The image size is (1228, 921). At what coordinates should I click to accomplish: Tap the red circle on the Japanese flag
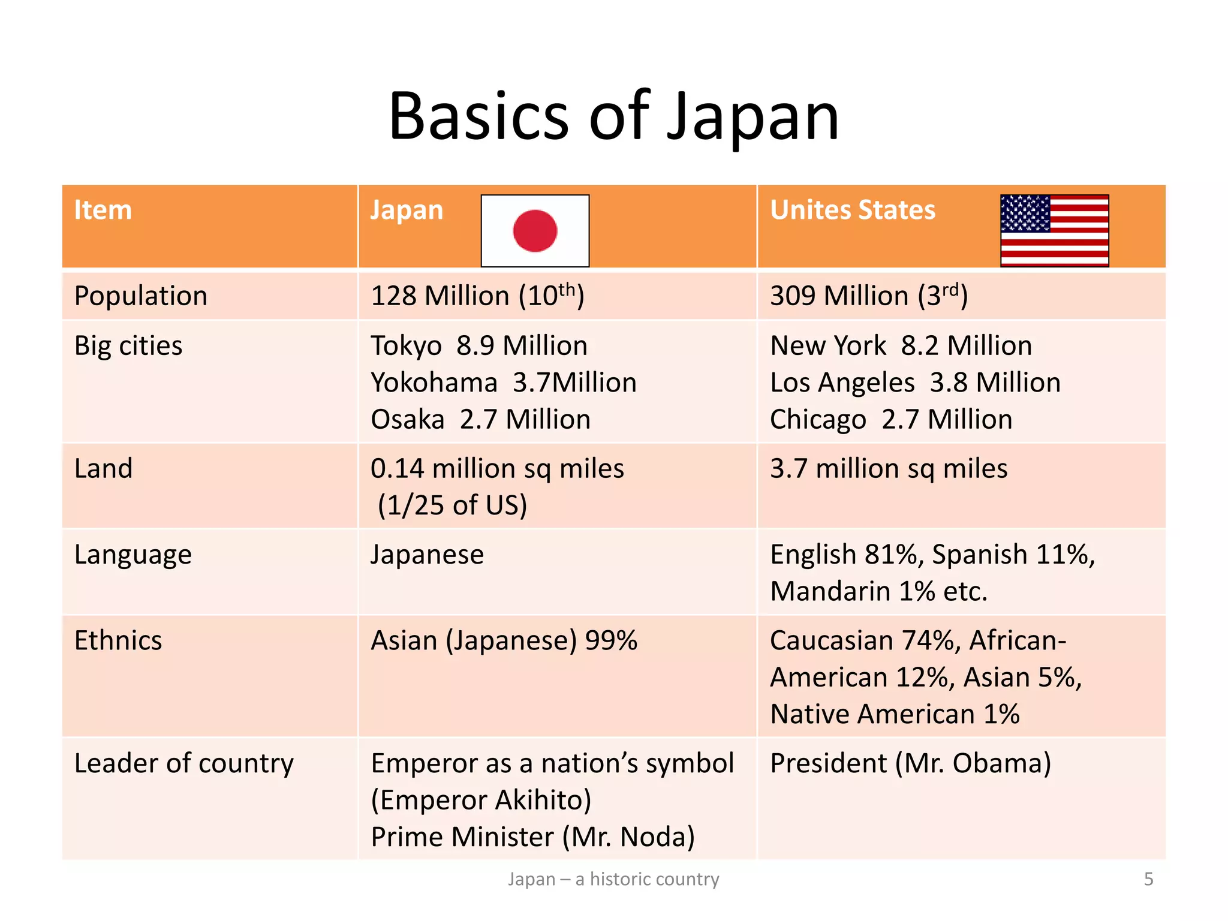click(535, 231)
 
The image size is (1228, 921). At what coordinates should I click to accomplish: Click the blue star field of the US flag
click(1025, 213)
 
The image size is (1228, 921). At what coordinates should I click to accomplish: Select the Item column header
click(103, 210)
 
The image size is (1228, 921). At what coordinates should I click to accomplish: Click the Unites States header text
click(853, 210)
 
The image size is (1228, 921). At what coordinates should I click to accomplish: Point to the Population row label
click(141, 296)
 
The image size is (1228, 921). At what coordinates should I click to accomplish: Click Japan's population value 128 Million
click(477, 296)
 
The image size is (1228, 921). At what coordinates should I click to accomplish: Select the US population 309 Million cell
click(868, 296)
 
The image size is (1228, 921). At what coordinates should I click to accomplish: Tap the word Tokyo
click(406, 347)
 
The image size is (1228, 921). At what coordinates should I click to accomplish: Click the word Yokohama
click(434, 383)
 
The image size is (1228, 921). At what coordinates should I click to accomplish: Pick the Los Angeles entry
click(842, 383)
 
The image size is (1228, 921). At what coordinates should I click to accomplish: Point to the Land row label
click(103, 469)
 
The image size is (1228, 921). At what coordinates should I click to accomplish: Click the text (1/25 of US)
click(452, 505)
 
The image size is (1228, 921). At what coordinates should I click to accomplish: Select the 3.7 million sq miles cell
click(889, 469)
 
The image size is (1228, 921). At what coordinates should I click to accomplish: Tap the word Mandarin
click(830, 592)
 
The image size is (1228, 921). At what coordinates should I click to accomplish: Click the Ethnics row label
click(118, 641)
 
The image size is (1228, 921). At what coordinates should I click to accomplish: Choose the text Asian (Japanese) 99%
click(504, 641)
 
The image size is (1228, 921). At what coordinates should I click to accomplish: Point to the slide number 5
click(1148, 879)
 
